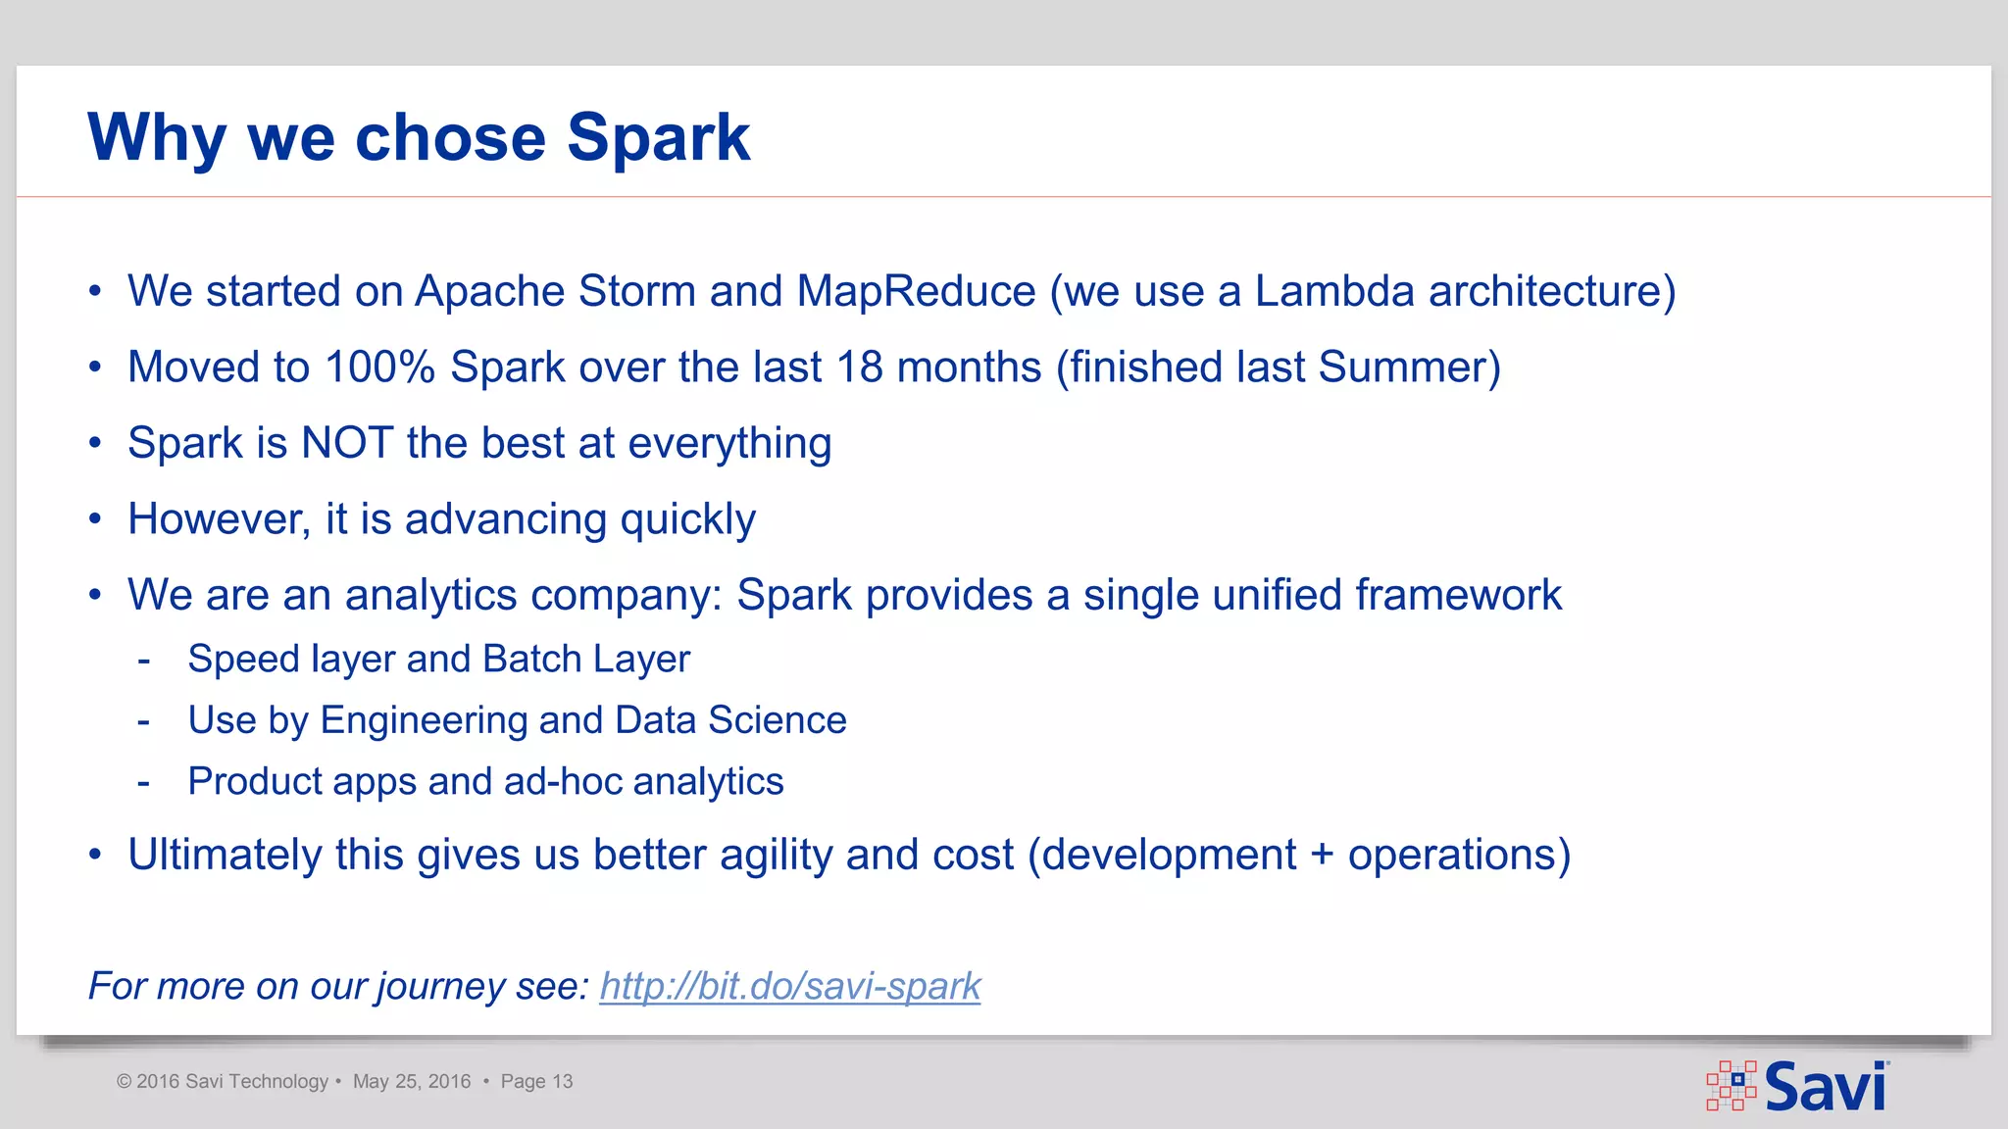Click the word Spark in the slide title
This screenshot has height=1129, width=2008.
click(658, 137)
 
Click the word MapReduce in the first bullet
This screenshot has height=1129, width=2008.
click(916, 291)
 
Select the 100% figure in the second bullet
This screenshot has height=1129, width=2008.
click(379, 368)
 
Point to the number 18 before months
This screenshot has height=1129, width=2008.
click(860, 368)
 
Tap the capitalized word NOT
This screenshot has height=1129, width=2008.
click(347, 443)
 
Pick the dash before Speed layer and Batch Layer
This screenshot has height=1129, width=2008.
click(144, 661)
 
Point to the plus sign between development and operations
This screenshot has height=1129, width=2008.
click(1322, 856)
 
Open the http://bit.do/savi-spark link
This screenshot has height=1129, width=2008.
click(789, 986)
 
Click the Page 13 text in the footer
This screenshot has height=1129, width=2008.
click(536, 1081)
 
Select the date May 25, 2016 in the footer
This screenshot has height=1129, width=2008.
click(412, 1081)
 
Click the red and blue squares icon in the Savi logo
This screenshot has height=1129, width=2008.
click(1732, 1085)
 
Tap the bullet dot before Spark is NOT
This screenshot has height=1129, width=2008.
click(95, 444)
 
